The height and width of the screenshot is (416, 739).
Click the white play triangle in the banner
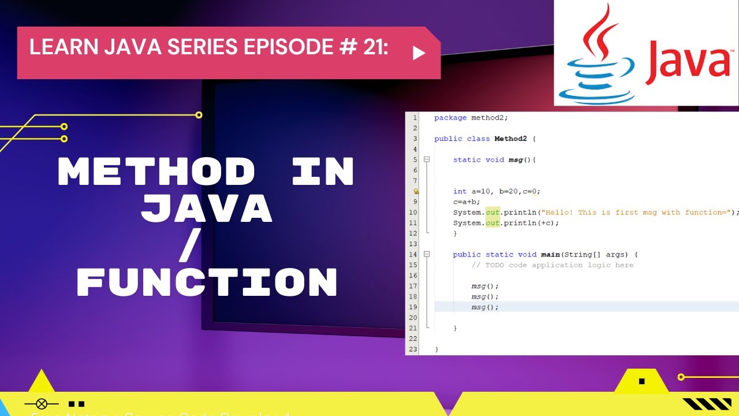click(419, 53)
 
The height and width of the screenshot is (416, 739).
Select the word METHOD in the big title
click(156, 172)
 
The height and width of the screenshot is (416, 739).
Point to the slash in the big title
click(190, 246)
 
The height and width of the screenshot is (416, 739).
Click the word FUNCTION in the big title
click(207, 283)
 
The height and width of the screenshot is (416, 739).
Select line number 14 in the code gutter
click(413, 254)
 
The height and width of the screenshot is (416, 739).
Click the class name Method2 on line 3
click(510, 139)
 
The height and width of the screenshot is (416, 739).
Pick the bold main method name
click(550, 254)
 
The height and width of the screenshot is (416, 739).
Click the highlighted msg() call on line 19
click(484, 307)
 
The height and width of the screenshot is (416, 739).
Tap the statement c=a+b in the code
click(466, 202)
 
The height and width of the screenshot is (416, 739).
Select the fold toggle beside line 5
click(427, 159)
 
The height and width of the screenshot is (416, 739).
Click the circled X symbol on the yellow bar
click(42, 404)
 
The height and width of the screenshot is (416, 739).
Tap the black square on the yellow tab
click(641, 381)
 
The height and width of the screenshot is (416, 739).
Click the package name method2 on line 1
click(489, 118)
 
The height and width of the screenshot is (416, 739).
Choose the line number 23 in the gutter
click(413, 349)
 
